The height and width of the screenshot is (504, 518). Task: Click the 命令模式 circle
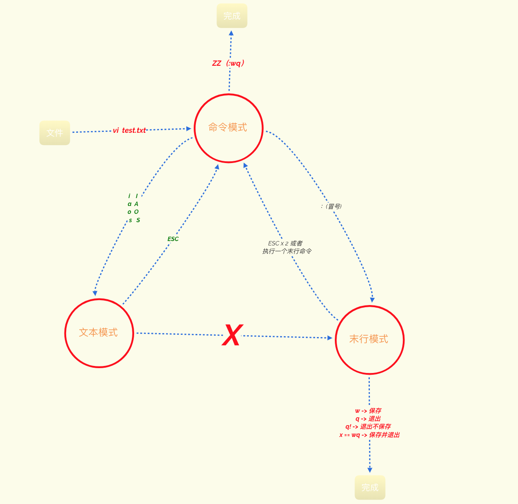(x=228, y=128)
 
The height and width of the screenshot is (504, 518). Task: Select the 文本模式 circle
(x=99, y=333)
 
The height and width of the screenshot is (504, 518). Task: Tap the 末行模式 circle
(x=369, y=340)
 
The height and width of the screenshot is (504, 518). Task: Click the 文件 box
(x=55, y=133)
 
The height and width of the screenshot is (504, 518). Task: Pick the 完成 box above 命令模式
(x=232, y=16)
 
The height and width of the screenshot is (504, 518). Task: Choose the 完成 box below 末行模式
(x=370, y=487)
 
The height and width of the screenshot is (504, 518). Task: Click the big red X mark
(x=232, y=336)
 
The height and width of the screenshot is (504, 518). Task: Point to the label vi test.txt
(x=129, y=130)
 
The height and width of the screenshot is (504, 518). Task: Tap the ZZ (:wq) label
(x=228, y=63)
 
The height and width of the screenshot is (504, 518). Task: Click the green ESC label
(x=173, y=239)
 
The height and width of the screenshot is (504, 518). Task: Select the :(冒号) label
(x=331, y=206)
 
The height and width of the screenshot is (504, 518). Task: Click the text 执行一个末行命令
(x=287, y=251)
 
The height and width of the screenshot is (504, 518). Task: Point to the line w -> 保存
(x=368, y=411)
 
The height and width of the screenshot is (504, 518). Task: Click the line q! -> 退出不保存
(x=368, y=426)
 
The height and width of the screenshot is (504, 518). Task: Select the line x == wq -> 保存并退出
(x=369, y=435)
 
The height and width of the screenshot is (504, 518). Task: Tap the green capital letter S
(x=138, y=220)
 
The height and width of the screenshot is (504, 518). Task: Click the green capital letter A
(x=136, y=204)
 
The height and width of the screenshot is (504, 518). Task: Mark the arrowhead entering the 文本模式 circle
(x=95, y=293)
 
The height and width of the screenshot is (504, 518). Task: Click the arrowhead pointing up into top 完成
(x=231, y=33)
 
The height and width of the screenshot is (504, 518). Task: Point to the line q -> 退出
(x=368, y=419)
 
